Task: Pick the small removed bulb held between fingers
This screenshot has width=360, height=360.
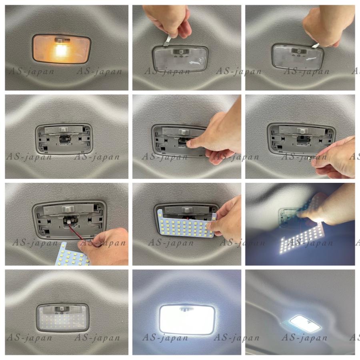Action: [311, 162]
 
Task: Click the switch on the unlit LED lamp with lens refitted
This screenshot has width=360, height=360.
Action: [62, 309]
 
